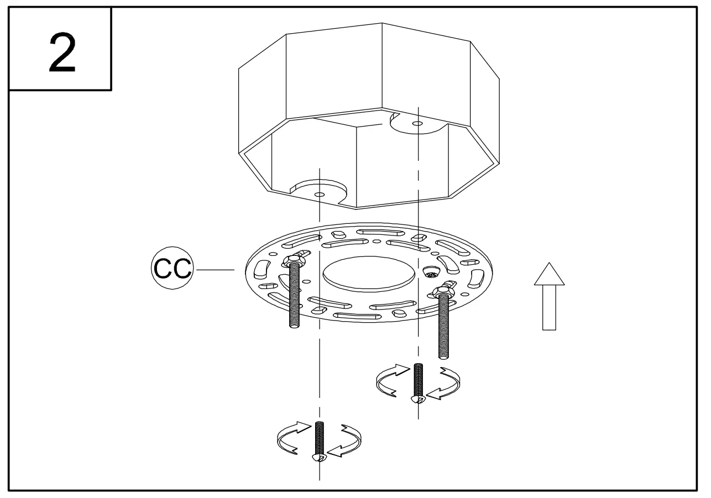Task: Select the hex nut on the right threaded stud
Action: (x=445, y=291)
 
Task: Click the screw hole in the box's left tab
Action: (x=319, y=195)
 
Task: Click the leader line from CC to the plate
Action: (x=216, y=269)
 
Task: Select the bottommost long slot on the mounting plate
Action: (x=353, y=316)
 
